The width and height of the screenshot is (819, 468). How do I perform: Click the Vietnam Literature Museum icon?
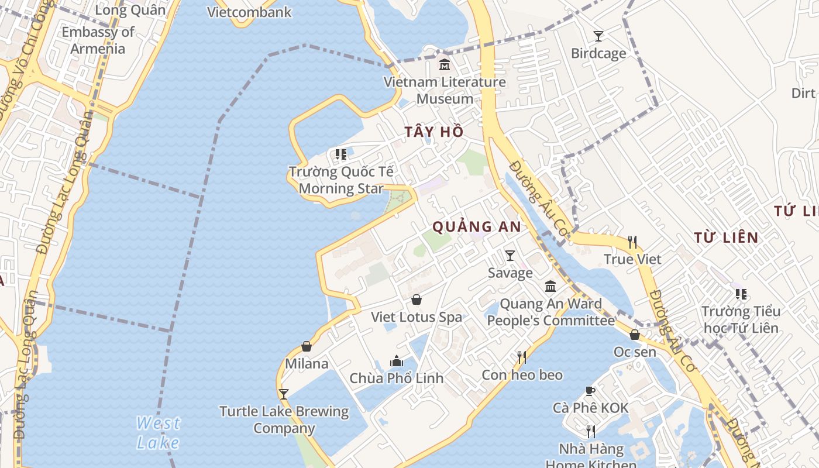[x=445, y=64]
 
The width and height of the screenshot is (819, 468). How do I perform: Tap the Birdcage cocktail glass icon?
[x=598, y=36]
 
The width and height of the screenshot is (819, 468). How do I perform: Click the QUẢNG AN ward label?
[x=477, y=227]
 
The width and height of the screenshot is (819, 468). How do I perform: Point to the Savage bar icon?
[x=510, y=256]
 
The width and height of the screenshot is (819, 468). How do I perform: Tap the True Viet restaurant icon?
[x=632, y=242]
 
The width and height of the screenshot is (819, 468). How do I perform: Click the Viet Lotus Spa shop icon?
[x=417, y=300]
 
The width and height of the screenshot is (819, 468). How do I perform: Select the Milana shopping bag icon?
[x=307, y=346]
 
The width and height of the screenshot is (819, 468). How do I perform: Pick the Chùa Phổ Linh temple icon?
[x=397, y=361]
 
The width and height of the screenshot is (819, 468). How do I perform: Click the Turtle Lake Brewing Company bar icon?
[x=284, y=394]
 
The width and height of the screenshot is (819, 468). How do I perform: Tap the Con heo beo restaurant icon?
[x=521, y=357]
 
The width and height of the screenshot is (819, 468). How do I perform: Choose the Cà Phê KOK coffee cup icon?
[x=590, y=391]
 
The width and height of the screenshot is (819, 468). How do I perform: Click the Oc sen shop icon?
[x=635, y=335]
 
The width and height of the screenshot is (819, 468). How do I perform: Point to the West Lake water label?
[x=158, y=432]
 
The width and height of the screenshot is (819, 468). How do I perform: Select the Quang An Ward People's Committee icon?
[x=550, y=287]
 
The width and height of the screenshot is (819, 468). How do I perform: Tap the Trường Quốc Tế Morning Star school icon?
[x=340, y=154]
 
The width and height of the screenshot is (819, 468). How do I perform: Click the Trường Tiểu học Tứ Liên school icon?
[x=741, y=294]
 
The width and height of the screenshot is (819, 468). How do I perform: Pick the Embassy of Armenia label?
[x=98, y=40]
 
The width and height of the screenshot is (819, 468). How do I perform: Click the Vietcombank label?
[x=249, y=12]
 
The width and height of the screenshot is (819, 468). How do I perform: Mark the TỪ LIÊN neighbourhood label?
[x=726, y=238]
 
